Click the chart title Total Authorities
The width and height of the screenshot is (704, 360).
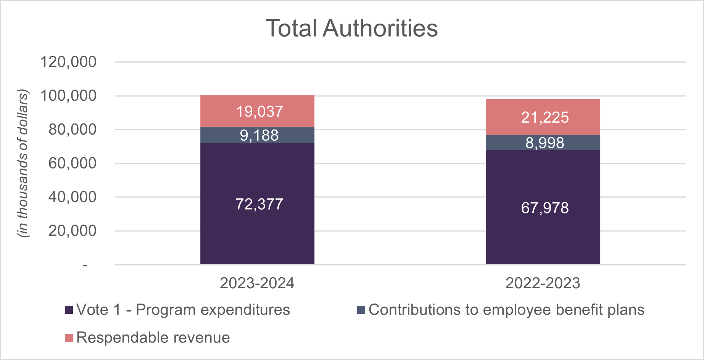[351, 29]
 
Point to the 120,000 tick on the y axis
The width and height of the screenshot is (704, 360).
[69, 62]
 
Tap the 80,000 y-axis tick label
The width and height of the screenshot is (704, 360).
[72, 130]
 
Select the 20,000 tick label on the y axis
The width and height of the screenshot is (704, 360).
[72, 231]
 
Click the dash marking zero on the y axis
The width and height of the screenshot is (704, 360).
[85, 265]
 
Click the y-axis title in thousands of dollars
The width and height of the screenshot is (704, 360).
[23, 164]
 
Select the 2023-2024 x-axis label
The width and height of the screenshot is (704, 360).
[257, 283]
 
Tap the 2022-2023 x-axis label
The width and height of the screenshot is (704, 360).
[543, 283]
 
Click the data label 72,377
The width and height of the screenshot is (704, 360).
[259, 204]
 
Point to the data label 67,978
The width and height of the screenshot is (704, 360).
[545, 208]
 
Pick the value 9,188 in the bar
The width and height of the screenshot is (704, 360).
[259, 135]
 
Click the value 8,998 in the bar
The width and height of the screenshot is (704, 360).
[545, 143]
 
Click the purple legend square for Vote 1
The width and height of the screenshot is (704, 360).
[69, 310]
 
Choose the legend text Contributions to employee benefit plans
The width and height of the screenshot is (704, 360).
[506, 310]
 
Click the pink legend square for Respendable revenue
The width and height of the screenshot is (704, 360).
[69, 338]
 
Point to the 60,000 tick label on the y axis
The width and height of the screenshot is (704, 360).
[72, 163]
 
